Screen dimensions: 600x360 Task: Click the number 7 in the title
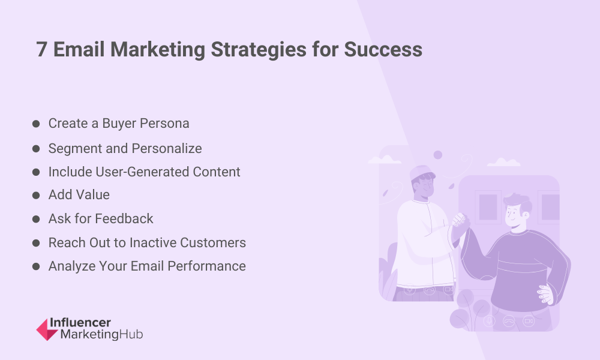41,49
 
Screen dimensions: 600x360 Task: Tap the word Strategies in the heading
258,50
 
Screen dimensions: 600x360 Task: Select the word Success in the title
383,49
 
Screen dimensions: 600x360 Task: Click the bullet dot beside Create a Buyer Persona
36,124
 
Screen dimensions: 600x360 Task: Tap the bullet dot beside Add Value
36,196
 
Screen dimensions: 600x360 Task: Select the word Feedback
124,218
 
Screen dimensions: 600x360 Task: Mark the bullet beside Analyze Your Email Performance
36,266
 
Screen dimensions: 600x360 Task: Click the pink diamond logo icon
47,329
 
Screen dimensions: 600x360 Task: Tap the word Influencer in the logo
80,323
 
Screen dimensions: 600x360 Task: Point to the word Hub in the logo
131,334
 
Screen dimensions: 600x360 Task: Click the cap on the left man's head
421,173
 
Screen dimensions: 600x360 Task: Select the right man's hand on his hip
545,294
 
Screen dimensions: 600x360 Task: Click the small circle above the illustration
438,155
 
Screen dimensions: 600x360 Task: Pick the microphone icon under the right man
488,320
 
